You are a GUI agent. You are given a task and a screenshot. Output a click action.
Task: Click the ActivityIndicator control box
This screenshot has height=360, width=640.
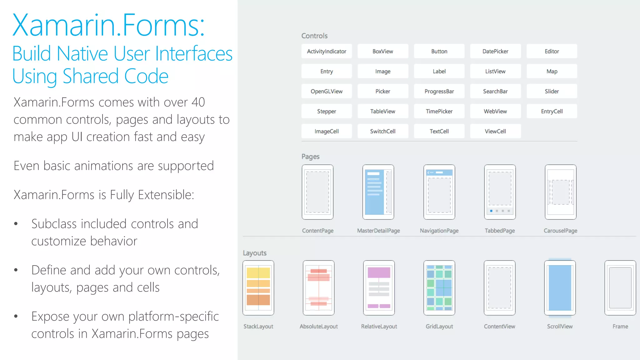coord(327,51)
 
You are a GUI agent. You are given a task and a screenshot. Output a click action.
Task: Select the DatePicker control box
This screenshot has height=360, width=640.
coord(495,51)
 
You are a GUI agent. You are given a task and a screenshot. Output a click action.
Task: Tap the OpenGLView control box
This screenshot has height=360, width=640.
coord(327,91)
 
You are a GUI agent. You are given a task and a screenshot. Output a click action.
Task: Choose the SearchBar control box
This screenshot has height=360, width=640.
coord(495,91)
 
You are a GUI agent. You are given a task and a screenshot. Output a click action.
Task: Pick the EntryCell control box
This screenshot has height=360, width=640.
coord(552,111)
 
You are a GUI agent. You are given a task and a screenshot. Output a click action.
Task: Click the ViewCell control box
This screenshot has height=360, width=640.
coord(495,131)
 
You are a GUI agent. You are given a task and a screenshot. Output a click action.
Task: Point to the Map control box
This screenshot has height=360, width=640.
coord(552,71)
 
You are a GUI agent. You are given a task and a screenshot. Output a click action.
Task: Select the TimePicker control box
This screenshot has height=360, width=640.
coord(439,111)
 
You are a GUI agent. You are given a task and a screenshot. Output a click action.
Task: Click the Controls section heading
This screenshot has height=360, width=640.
coord(314,36)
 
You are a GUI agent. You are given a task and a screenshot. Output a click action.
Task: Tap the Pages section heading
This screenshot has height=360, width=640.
coord(310,157)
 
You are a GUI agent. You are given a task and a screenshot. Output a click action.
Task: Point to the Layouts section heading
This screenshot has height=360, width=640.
coord(255,253)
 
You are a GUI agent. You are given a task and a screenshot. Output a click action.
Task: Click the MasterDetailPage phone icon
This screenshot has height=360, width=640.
coord(378,192)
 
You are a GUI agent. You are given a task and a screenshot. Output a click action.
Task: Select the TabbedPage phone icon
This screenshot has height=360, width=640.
coord(500,192)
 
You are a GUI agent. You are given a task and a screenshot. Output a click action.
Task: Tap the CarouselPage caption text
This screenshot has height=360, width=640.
coord(560,231)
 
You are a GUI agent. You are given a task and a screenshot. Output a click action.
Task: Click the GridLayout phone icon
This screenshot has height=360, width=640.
coord(439,288)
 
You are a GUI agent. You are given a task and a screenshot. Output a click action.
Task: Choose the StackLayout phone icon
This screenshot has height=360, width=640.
coord(258,288)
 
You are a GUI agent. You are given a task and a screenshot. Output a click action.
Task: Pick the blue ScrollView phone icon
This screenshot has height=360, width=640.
coord(560,288)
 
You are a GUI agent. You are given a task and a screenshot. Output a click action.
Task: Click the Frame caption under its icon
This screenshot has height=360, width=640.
coord(620,326)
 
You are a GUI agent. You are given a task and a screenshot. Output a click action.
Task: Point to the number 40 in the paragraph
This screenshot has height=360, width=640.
coord(198,102)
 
